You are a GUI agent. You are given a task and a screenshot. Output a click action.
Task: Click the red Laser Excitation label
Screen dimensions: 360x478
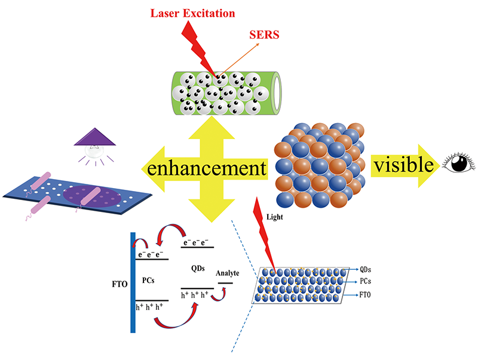click(201, 11)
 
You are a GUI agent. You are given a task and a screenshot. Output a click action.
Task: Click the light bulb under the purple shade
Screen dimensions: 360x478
click(95, 152)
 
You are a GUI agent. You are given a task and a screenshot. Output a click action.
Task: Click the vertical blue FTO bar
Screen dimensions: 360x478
click(133, 281)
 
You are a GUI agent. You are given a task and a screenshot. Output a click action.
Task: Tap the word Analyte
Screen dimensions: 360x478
click(228, 273)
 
